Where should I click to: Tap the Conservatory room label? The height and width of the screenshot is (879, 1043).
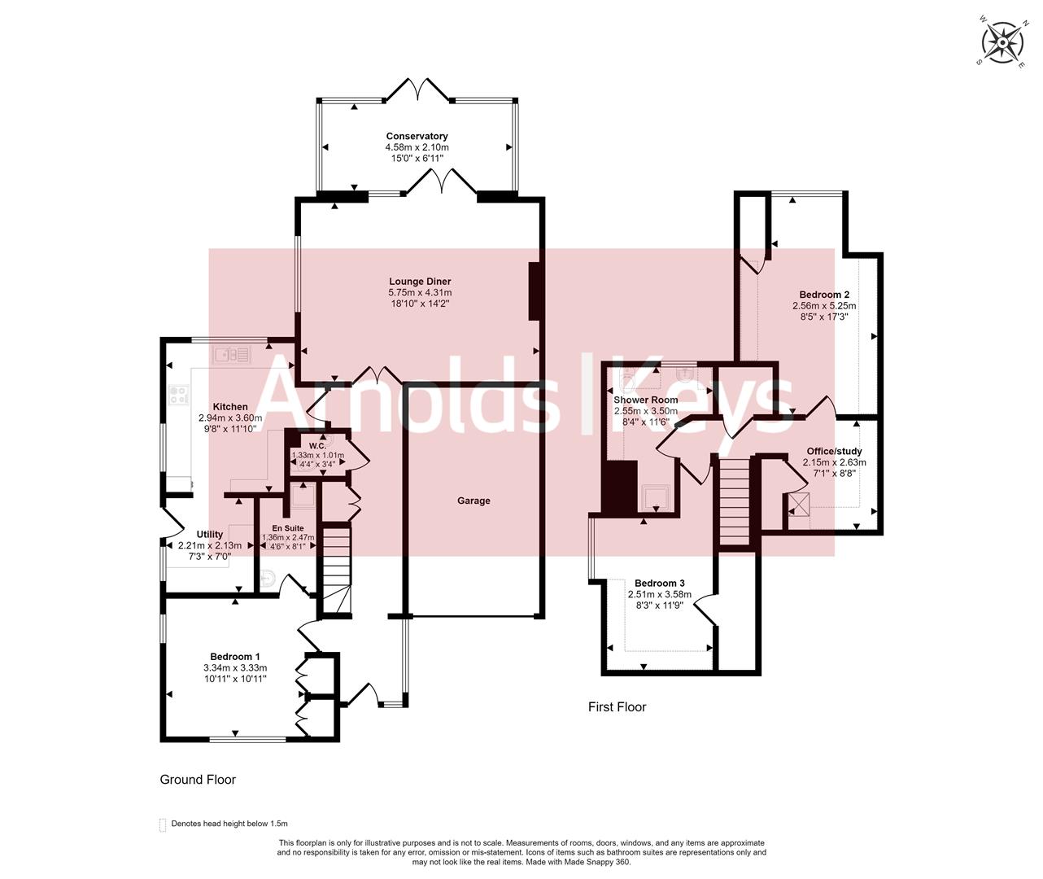[x=417, y=136]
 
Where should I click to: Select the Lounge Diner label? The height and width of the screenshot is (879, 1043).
[x=420, y=282]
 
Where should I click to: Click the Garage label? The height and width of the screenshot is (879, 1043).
[x=473, y=501]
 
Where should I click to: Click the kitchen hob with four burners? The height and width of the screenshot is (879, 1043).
[x=177, y=396]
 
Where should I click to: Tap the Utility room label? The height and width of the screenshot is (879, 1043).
[x=209, y=535]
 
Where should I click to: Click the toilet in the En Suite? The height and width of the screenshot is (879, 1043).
[x=269, y=579]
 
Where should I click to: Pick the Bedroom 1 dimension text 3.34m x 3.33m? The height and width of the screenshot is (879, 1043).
[x=235, y=668]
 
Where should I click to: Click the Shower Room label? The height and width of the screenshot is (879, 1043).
[x=645, y=400]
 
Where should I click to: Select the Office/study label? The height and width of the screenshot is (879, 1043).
[x=834, y=451]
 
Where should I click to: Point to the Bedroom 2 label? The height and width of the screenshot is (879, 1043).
[x=824, y=295]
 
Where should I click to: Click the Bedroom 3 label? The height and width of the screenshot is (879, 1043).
[x=659, y=584]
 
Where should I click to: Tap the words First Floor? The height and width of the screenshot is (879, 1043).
[x=617, y=707]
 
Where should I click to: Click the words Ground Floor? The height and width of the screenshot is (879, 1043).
[x=198, y=780]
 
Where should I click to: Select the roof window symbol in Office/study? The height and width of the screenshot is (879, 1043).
[x=797, y=505]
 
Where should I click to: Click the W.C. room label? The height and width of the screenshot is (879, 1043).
[x=317, y=445]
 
